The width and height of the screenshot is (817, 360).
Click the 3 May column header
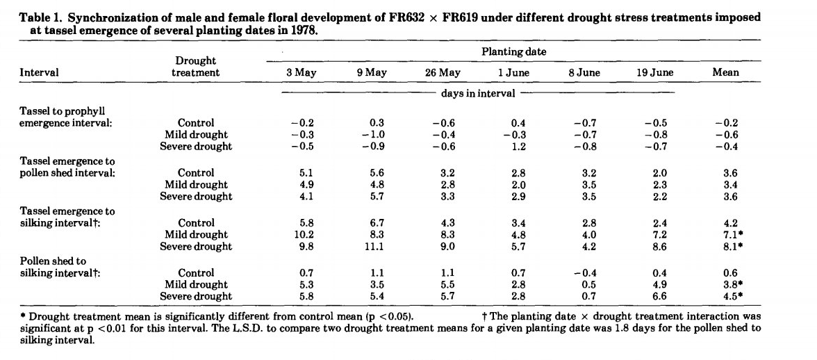coord(302,72)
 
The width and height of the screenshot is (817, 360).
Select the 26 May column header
coord(443,72)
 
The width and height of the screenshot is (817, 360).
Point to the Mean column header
coord(725,72)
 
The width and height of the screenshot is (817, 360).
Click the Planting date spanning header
coord(513,51)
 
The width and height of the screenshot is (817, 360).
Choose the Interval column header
coord(40,72)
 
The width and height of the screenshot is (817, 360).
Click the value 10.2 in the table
coord(303,235)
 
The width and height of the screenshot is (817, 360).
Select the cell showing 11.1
coord(377,247)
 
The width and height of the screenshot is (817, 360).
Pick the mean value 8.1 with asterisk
coord(728,247)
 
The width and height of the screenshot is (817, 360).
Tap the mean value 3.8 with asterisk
coord(728,285)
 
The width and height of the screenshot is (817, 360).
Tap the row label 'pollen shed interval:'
coord(67,173)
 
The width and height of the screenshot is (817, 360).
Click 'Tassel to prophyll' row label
coord(62,111)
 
